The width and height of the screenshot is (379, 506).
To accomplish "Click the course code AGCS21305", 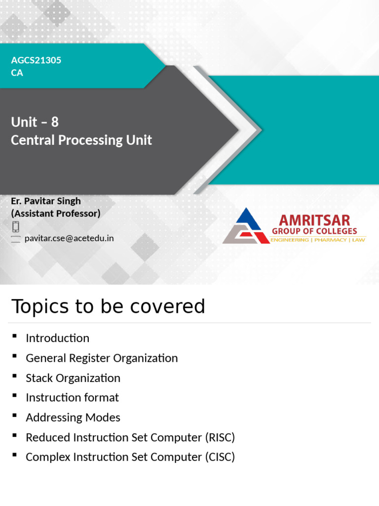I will pos(36,60).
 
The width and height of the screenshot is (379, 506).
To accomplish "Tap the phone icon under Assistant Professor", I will pos(16,226).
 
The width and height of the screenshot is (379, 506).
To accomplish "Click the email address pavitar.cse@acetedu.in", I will pos(69,238).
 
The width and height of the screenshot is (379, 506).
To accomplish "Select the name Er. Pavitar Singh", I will pos(46,201).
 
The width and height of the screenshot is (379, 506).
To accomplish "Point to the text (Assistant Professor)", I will pos(55,213).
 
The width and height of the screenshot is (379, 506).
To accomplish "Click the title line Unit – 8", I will pos(35,122).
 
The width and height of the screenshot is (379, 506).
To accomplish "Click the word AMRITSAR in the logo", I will pos(314,220).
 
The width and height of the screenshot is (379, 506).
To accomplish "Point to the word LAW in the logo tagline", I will pos(359,240).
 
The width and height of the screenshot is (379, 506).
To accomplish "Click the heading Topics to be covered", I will pos(108,306).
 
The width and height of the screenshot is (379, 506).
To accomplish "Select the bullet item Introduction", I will pos(57,338).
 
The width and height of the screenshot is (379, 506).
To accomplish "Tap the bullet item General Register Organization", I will pos(102,358).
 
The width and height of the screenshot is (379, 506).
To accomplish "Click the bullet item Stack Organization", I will pos(73,378).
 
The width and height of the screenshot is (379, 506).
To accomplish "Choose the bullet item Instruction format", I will pos(72,397).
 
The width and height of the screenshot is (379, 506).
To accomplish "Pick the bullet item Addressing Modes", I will pos(73,418).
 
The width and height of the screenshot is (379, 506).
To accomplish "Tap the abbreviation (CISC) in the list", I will pos(220,457).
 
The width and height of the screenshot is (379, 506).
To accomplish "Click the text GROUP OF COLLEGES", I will pos(314,231).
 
